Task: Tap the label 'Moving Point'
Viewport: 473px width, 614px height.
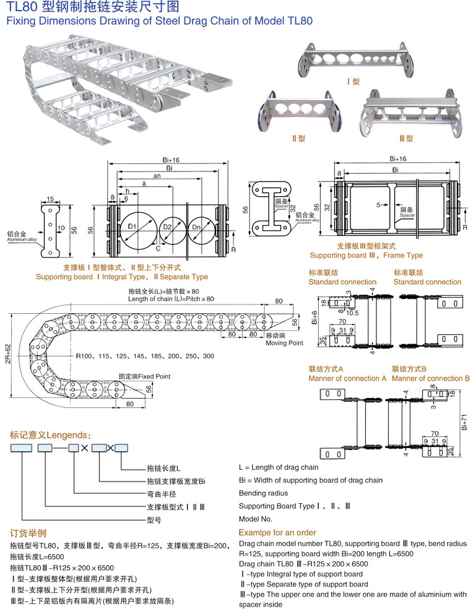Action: point(284,342)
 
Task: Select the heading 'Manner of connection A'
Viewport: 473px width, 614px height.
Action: point(347,378)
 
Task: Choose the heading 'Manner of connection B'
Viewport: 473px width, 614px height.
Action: point(431,378)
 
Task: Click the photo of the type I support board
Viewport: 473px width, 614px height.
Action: point(355,58)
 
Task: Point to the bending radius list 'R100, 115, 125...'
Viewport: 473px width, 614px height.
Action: point(145,357)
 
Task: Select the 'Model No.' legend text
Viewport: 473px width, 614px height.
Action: point(256,519)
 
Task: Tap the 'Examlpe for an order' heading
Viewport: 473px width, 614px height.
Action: point(277,532)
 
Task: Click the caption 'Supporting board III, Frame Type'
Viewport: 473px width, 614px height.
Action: point(366,255)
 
